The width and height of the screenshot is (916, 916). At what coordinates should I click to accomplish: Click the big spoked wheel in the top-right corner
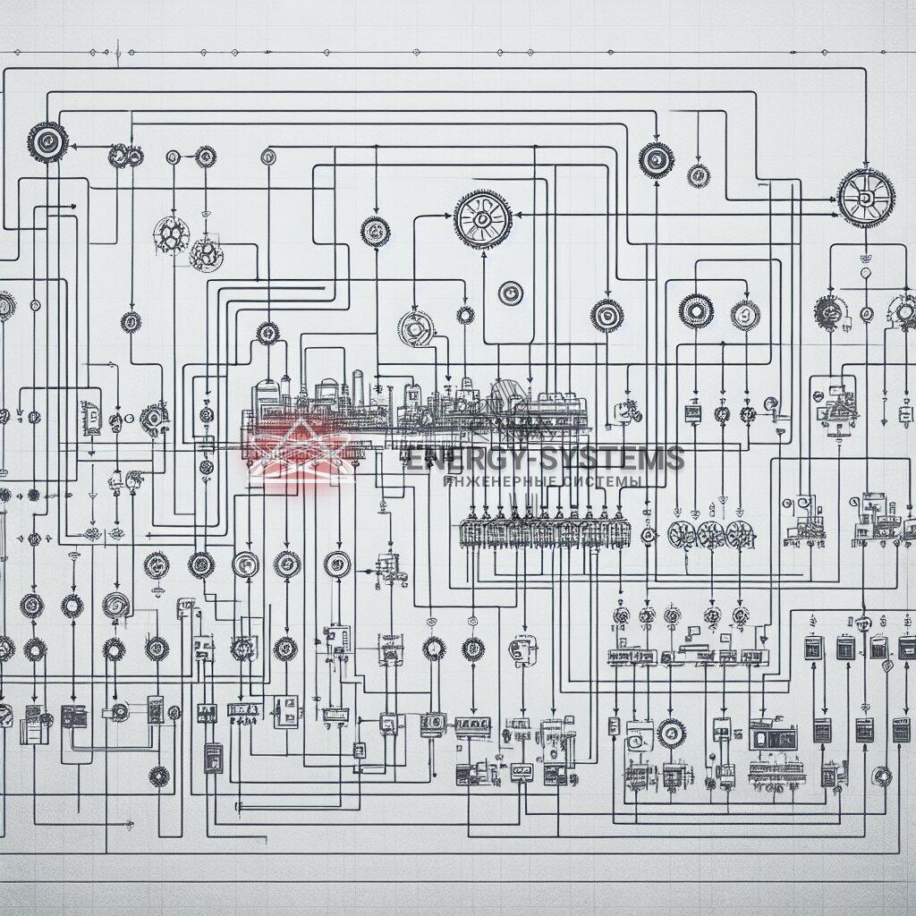click(866, 198)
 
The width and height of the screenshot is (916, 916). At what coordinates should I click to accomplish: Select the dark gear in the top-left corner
click(47, 141)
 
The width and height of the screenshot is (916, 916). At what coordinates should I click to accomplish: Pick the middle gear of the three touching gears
click(710, 535)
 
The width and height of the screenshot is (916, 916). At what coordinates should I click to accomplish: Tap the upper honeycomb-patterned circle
click(171, 235)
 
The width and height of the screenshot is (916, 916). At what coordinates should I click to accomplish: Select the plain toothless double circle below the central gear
click(510, 293)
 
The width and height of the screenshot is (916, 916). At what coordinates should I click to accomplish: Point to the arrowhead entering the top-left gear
click(73, 144)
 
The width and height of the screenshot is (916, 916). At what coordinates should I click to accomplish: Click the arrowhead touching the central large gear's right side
click(520, 215)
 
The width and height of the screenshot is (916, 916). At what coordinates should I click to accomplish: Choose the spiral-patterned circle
click(115, 606)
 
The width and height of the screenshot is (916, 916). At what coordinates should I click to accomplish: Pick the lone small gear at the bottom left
click(159, 776)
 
